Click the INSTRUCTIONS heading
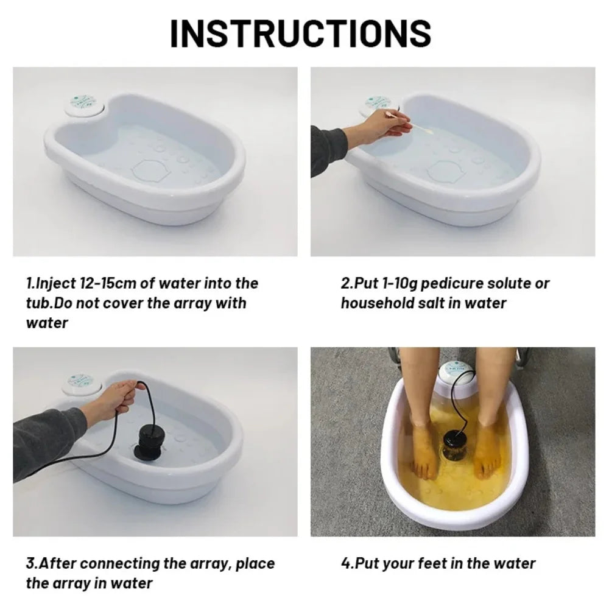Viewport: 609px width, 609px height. click(x=300, y=33)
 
